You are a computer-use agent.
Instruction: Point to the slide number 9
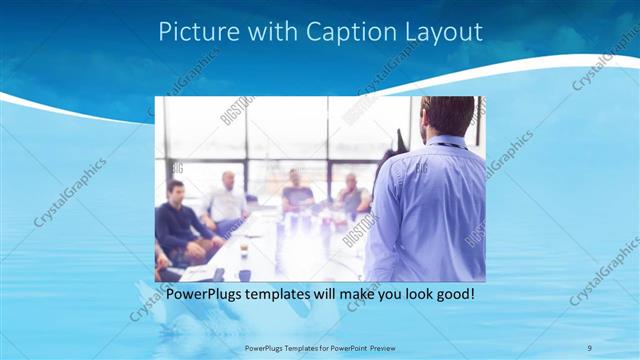click(589, 347)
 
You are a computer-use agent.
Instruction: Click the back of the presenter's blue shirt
click(430, 210)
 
